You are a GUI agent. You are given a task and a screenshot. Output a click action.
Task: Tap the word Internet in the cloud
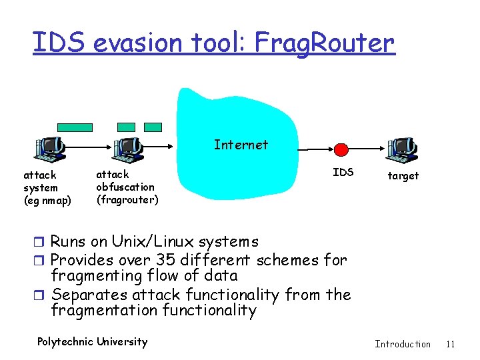[x=241, y=145]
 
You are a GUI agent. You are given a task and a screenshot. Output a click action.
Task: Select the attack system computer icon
[x=49, y=150]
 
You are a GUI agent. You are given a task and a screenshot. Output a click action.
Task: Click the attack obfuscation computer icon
[x=127, y=150]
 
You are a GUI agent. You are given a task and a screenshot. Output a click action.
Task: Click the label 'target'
[x=403, y=176]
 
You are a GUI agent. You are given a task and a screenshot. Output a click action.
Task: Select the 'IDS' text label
[x=343, y=173]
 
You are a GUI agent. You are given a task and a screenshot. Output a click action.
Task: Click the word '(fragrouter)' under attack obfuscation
[x=127, y=199]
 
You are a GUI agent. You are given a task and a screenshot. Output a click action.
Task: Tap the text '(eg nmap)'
[x=47, y=201]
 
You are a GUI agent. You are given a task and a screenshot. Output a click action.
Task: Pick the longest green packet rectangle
[x=75, y=127]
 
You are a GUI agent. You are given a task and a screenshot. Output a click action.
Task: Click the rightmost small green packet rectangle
[x=153, y=127]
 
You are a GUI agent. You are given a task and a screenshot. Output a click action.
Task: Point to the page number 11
[x=450, y=344]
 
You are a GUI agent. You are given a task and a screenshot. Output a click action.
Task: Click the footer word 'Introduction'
[x=403, y=344]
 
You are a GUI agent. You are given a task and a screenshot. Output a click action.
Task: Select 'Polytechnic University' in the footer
[x=92, y=342]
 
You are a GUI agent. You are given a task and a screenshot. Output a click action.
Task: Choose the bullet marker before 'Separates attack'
[x=43, y=295]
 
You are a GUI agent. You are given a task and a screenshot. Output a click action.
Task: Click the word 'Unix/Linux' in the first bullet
[x=146, y=241]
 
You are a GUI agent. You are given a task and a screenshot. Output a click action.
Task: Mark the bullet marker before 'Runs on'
[x=43, y=242]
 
